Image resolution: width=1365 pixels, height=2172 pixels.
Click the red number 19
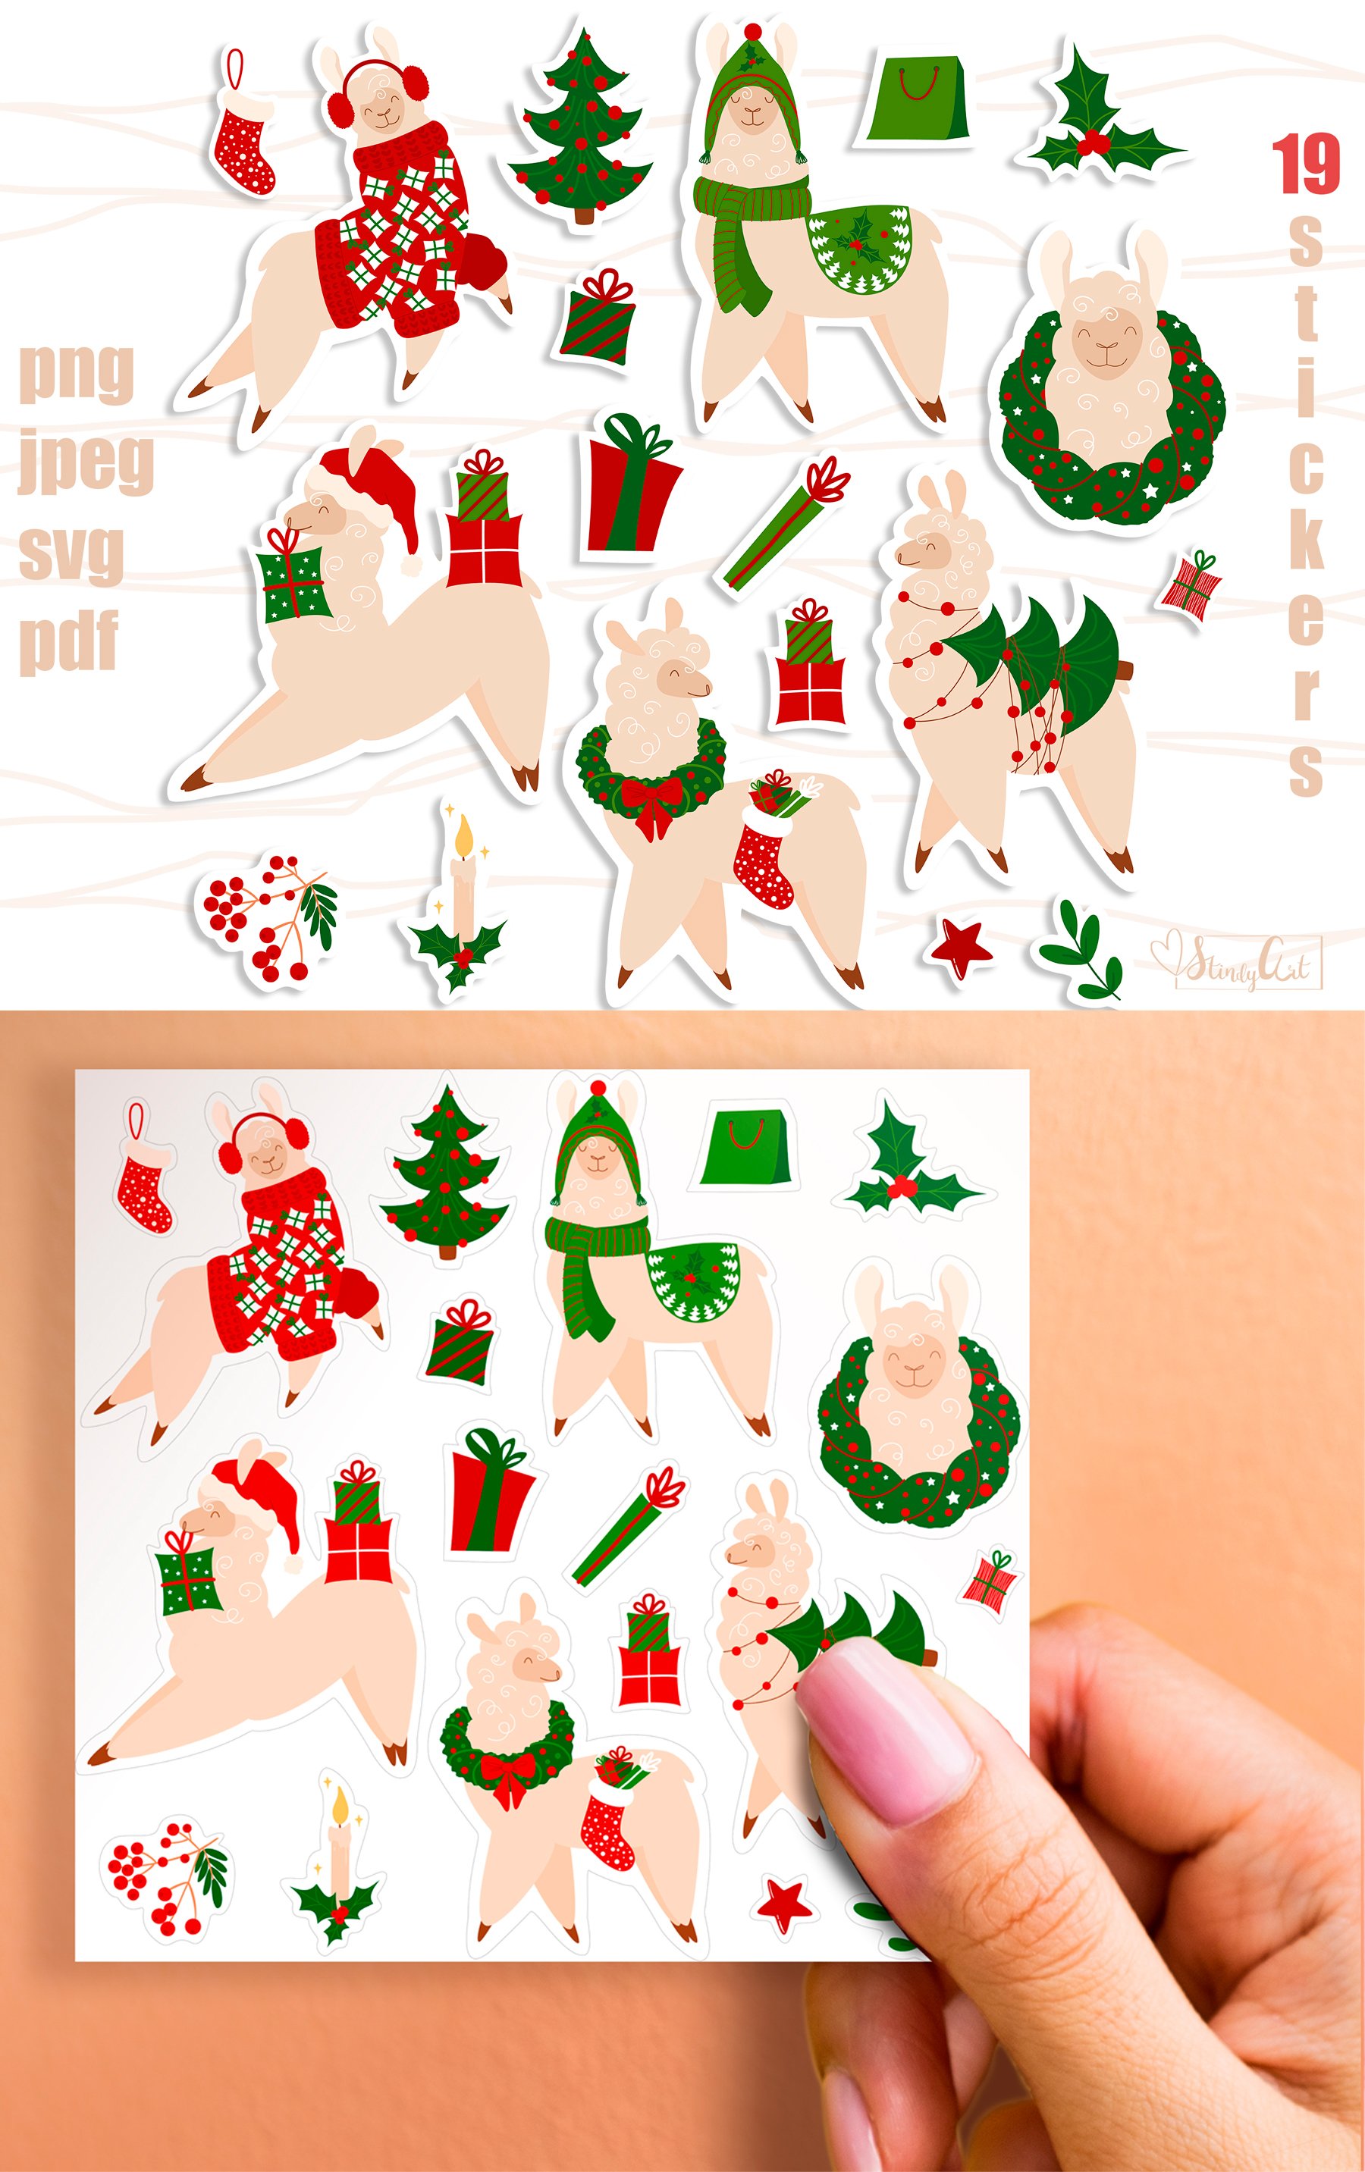[x=1305, y=165]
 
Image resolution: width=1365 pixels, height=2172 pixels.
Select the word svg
[x=71, y=551]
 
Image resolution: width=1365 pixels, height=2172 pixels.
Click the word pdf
[x=68, y=640]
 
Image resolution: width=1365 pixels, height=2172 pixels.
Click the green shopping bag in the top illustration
[x=917, y=99]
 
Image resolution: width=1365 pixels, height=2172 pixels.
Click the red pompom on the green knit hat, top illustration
[x=751, y=33]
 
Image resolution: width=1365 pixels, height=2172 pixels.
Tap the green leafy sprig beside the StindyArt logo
[x=1083, y=952]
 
